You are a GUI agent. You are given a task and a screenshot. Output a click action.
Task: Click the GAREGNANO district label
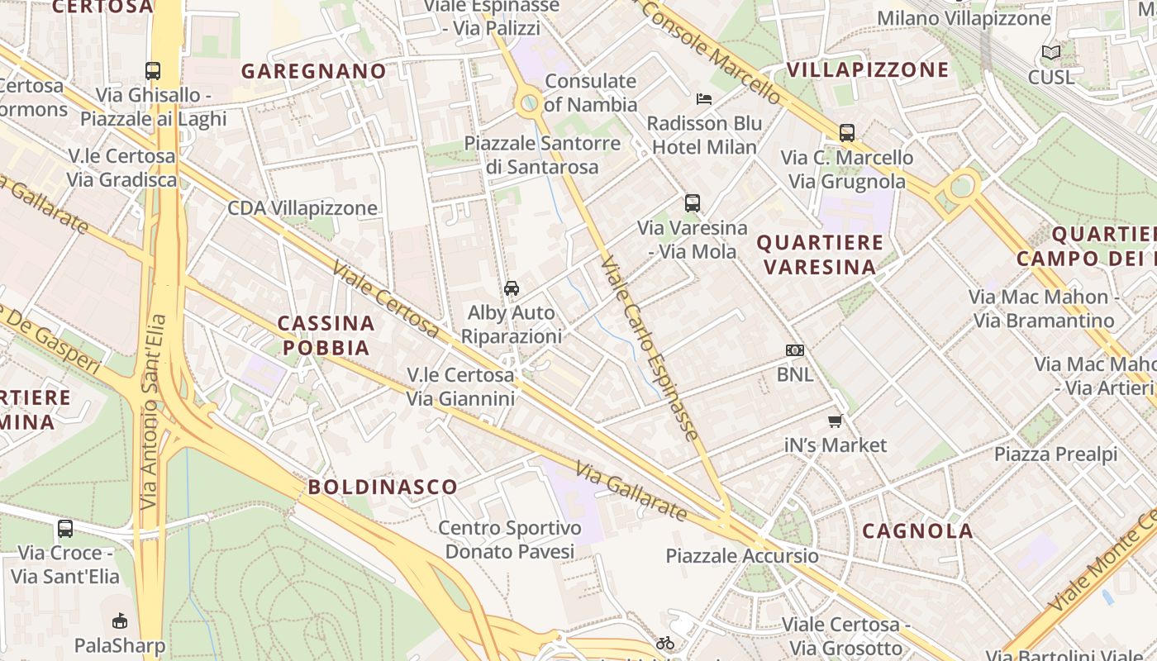pos(314,71)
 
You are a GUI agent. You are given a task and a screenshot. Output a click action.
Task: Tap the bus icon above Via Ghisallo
pos(153,71)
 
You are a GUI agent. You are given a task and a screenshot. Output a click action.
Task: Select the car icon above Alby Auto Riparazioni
pos(512,288)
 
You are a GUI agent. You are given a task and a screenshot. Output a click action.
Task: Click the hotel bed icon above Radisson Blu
pos(704,99)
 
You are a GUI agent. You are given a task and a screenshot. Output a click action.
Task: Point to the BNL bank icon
pos(795,350)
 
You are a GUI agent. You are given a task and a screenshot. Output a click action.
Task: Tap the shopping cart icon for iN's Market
pos(836,421)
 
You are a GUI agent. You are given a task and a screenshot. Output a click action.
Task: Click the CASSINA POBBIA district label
pos(326,335)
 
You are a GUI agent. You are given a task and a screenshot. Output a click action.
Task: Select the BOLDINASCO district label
pos(383,487)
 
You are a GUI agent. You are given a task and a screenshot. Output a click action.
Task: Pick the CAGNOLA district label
pos(917,531)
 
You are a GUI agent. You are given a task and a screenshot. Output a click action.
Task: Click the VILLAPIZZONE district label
pos(868,69)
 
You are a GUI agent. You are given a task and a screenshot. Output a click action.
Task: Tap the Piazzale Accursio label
pos(742,555)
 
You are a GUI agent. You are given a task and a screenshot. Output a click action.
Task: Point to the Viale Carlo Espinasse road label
pos(650,347)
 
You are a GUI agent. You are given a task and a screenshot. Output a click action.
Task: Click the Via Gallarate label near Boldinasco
pos(631,492)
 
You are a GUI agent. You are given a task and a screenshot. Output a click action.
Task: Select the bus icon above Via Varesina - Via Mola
pos(693,202)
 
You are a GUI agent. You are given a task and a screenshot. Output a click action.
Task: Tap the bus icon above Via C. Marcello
pos(847,132)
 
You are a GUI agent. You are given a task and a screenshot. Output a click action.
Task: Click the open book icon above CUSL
pos(1051,53)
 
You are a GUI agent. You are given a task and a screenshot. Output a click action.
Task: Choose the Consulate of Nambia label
pos(591,93)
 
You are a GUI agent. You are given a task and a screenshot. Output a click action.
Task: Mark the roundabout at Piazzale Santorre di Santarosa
pos(529,104)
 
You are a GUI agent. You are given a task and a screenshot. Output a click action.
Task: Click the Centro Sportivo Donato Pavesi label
pos(510,539)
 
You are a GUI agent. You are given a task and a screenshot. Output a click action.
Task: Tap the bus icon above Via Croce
pos(65,528)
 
